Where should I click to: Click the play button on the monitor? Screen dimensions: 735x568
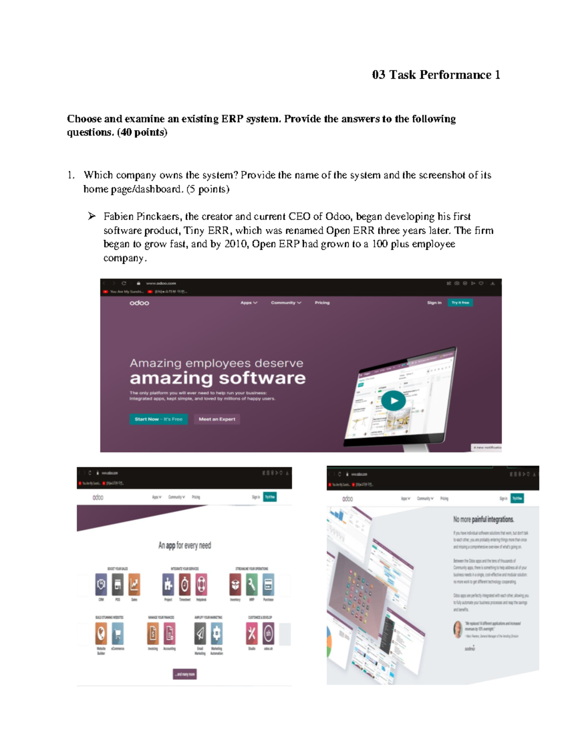pyautogui.click(x=393, y=401)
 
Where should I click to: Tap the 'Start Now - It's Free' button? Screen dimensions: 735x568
pyautogui.click(x=158, y=419)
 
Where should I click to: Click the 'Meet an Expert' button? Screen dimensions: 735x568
pyautogui.click(x=217, y=419)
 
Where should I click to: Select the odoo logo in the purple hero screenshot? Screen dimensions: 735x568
pyautogui.click(x=139, y=303)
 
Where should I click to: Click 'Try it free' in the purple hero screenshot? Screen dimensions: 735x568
pyautogui.click(x=460, y=302)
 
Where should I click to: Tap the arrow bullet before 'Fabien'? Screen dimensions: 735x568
pyautogui.click(x=91, y=216)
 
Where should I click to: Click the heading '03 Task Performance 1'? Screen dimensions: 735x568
pyautogui.click(x=435, y=75)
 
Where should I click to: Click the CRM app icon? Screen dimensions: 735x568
pyautogui.click(x=101, y=584)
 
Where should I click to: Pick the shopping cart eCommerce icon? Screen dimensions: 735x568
pyautogui.click(x=117, y=633)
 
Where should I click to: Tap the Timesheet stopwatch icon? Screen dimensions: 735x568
pyautogui.click(x=185, y=584)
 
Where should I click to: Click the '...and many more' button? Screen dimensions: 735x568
pyautogui.click(x=185, y=674)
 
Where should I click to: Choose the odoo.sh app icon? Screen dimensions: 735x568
pyautogui.click(x=268, y=633)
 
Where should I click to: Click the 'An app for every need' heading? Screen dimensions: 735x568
pyautogui.click(x=185, y=546)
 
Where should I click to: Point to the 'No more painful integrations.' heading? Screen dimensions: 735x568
pyautogui.click(x=483, y=519)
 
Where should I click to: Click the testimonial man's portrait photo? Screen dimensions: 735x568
pyautogui.click(x=458, y=629)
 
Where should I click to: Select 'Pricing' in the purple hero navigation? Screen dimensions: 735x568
pyautogui.click(x=322, y=303)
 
